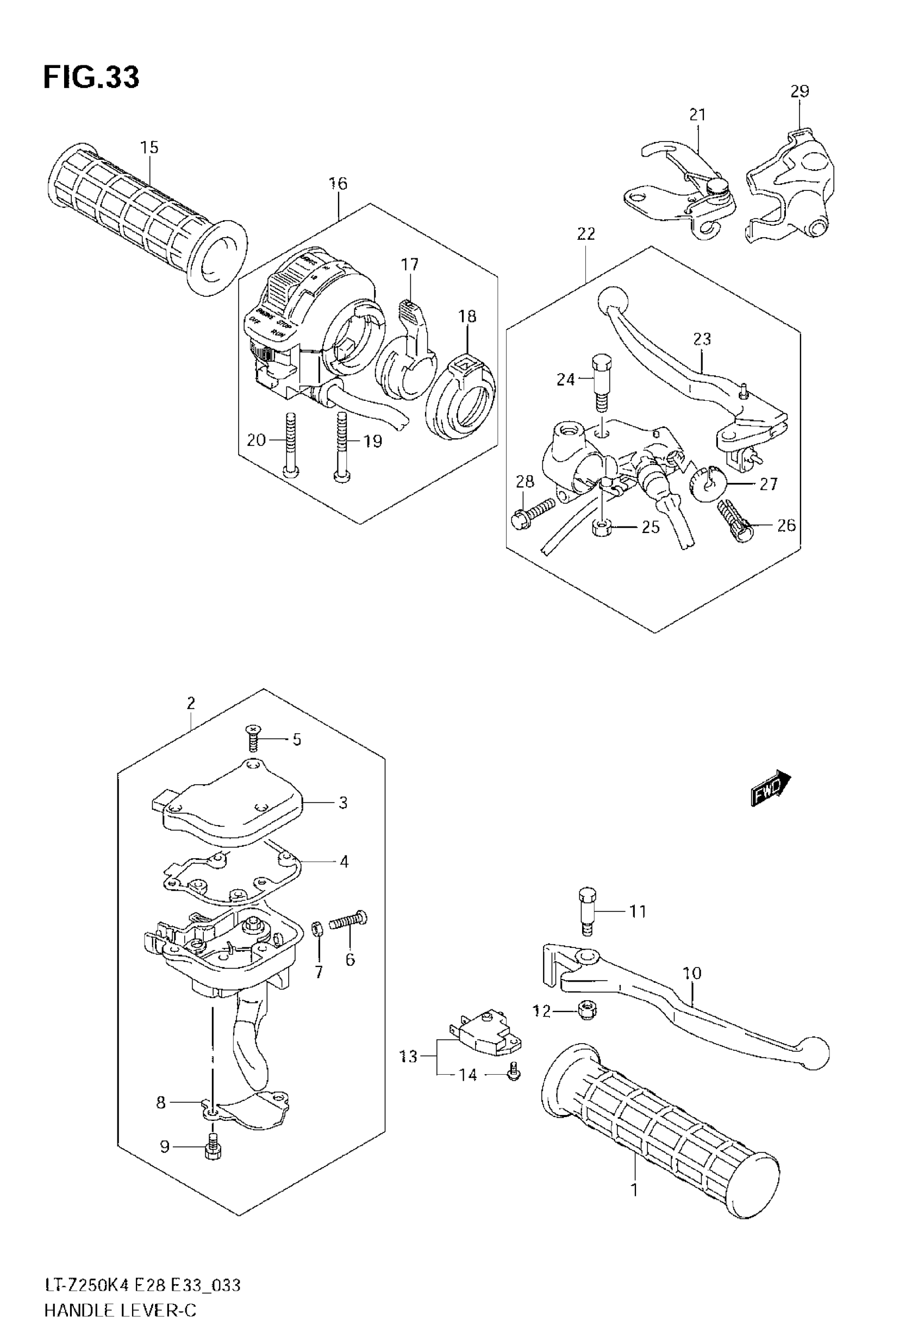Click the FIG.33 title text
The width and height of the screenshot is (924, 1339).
click(91, 78)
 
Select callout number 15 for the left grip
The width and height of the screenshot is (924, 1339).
click(149, 148)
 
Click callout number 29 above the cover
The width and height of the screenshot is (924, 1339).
click(800, 91)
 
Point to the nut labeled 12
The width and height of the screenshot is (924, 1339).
click(587, 1011)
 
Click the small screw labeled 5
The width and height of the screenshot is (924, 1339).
click(252, 737)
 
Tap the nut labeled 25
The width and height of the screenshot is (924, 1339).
click(603, 527)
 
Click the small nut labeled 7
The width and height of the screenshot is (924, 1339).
click(318, 931)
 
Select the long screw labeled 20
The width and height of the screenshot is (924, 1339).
click(290, 445)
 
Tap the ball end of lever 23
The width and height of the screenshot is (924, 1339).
click(612, 300)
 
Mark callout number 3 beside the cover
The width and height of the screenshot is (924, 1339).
click(343, 803)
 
